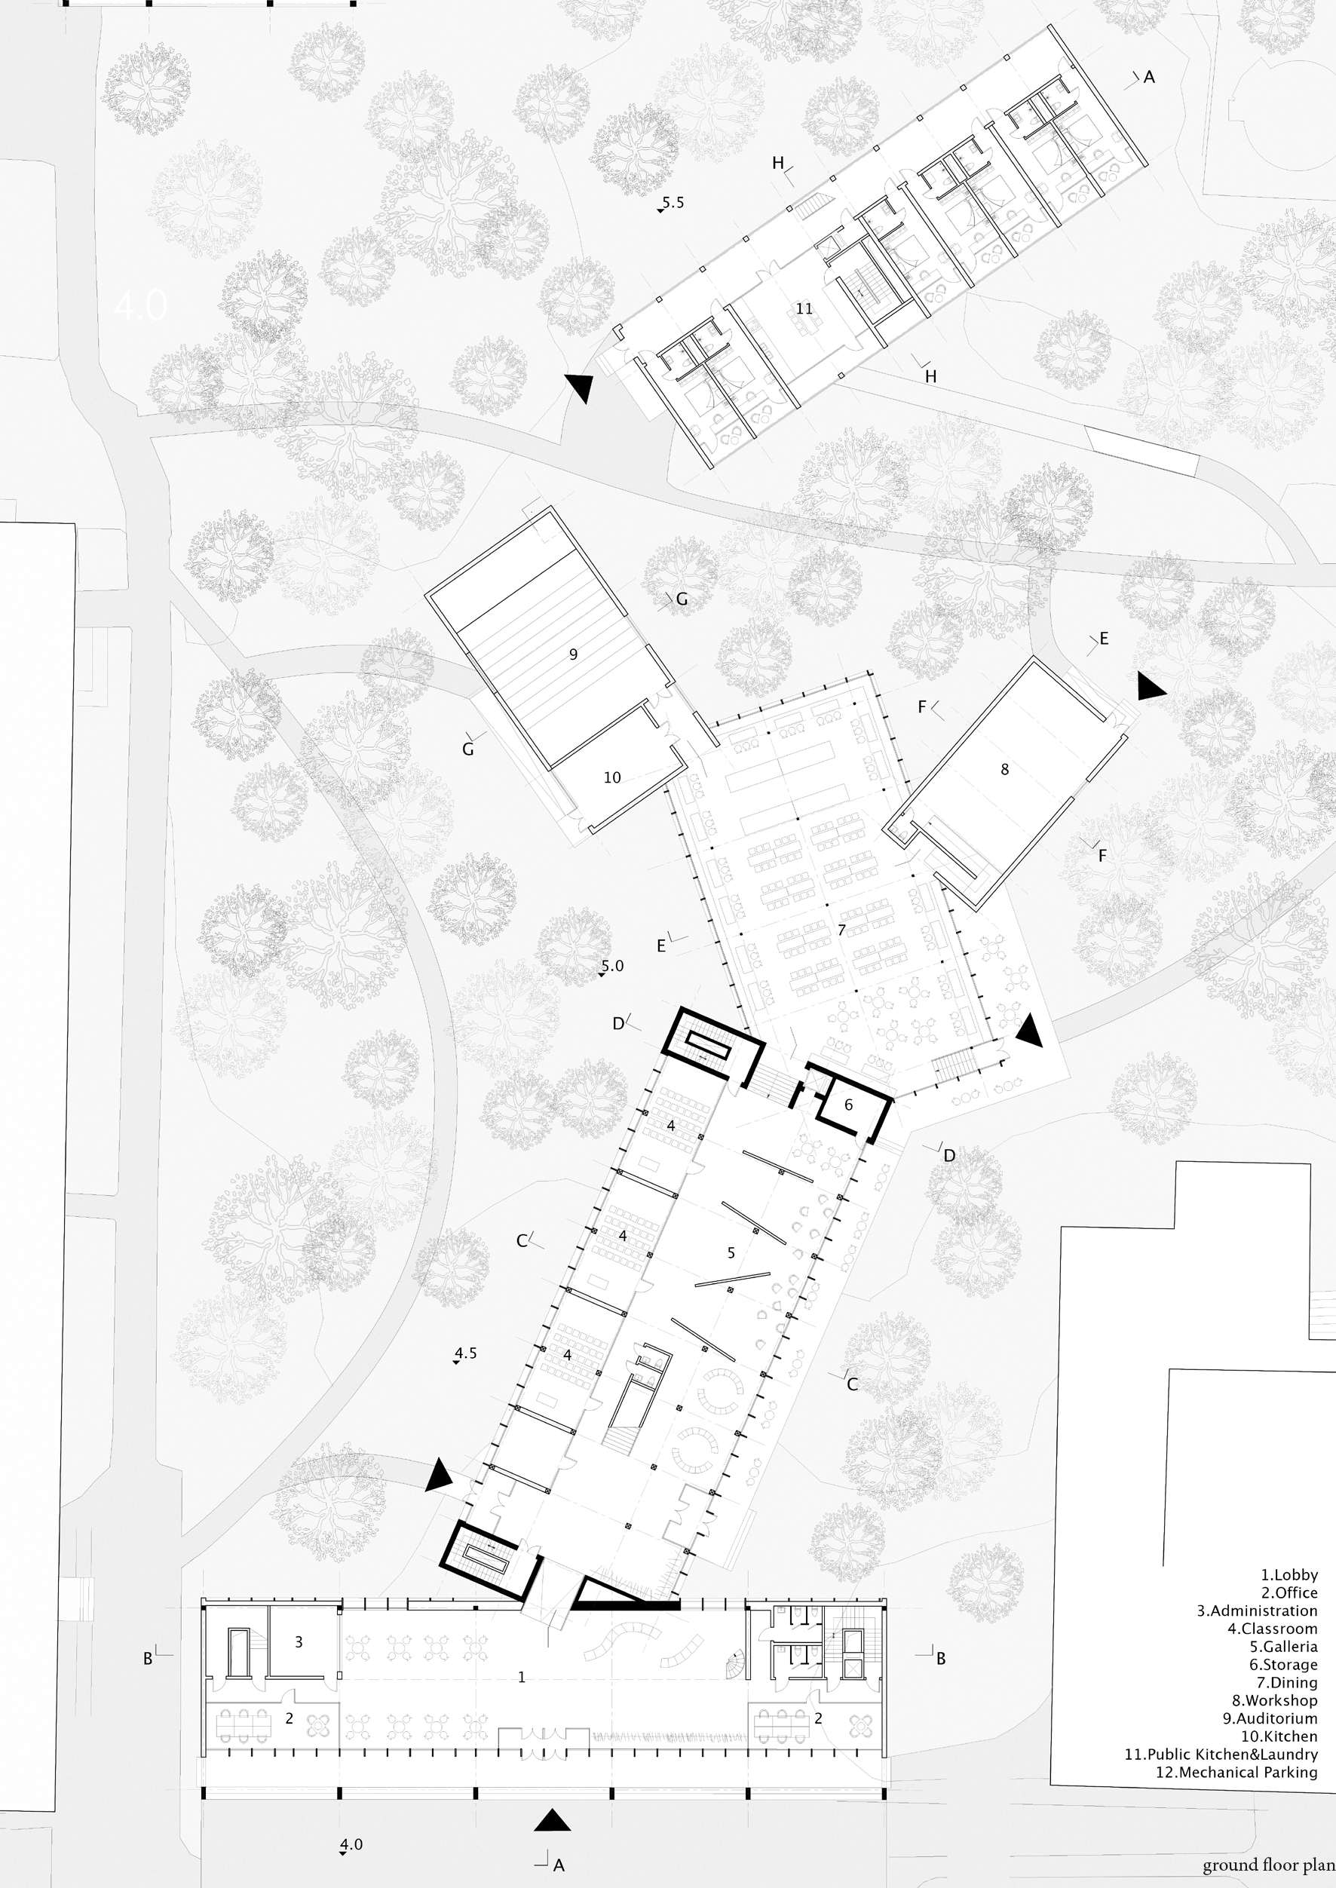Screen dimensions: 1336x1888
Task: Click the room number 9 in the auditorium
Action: point(574,654)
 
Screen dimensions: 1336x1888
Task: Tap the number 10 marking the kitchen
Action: point(612,777)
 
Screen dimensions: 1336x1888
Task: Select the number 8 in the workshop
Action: point(1004,770)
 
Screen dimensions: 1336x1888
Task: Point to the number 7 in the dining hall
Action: point(841,930)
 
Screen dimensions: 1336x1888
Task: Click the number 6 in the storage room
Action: point(849,1105)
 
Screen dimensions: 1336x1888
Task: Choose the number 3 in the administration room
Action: point(299,1642)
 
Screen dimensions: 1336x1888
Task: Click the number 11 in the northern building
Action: point(804,308)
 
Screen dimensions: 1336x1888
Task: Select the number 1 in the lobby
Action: point(522,1678)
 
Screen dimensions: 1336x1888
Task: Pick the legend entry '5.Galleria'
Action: point(1283,1646)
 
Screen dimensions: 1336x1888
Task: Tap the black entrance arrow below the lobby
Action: point(552,1821)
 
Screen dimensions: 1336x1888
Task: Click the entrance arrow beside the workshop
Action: point(1151,685)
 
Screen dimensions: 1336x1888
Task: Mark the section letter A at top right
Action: point(1149,78)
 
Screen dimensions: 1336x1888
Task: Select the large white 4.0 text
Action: point(141,306)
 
